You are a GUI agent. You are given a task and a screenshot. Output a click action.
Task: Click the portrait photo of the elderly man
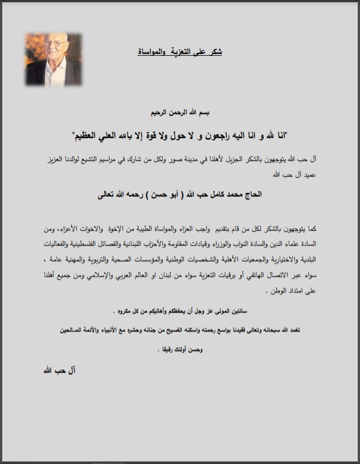click(50, 59)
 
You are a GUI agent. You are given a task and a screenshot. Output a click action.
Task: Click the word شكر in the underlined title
click(215, 52)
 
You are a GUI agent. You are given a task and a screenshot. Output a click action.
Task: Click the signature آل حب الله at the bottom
click(59, 370)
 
